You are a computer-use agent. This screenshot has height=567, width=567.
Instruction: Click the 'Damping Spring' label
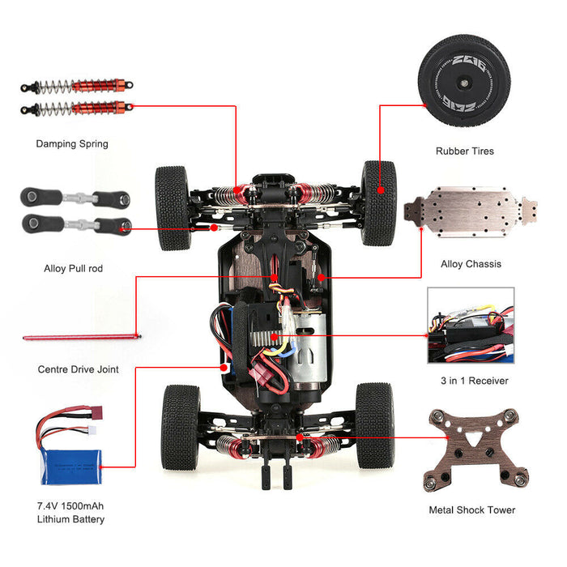71,144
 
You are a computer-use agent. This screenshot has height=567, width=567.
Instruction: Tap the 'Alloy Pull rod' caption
73,268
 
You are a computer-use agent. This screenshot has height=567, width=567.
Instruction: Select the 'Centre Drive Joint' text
78,369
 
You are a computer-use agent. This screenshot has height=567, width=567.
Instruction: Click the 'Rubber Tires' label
464,151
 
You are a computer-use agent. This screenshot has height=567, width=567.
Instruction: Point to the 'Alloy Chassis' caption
471,264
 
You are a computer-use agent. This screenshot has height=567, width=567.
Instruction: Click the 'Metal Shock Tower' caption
471,510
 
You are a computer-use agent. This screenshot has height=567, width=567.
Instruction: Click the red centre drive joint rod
81,336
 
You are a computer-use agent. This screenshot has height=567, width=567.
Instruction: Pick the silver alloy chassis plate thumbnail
471,215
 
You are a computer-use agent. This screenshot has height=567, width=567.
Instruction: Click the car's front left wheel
172,207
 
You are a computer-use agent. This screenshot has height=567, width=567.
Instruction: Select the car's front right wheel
379,202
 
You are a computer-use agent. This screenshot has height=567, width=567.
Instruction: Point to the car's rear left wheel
180,427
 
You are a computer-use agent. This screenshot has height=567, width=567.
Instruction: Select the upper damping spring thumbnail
77,86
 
